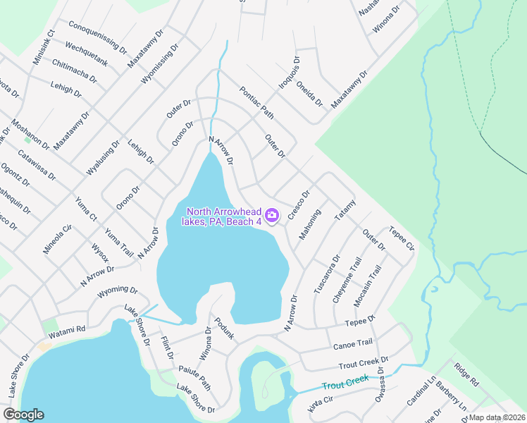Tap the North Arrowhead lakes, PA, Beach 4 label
(223, 216)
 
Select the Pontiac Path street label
(256, 102)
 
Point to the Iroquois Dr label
(289, 73)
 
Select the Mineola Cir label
(58, 239)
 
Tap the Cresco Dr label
(299, 204)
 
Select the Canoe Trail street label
(352, 344)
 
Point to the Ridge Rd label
(466, 375)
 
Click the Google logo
(23, 415)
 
